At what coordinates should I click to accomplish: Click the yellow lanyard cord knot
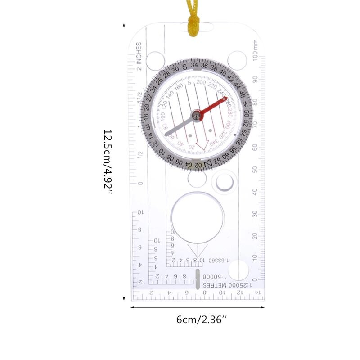194,22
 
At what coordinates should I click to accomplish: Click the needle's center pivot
196,116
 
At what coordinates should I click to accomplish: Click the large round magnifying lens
198,216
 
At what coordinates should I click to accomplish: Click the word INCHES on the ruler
139,54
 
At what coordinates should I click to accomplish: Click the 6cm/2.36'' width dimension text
202,320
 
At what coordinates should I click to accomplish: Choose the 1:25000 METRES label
227,285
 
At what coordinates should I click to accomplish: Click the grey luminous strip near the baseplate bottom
197,279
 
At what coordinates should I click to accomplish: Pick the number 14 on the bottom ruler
257,293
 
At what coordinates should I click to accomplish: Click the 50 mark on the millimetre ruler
255,169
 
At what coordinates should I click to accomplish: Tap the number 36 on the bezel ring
205,66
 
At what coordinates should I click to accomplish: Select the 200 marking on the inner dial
201,83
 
